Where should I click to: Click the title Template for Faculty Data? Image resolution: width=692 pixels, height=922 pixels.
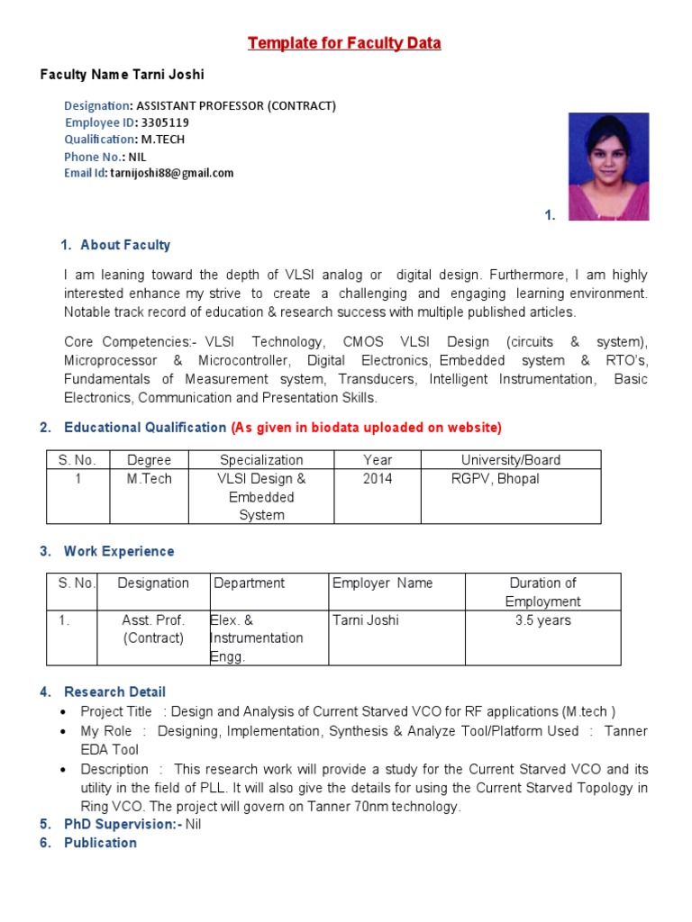344,43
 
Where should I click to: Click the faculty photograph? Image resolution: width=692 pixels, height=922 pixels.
608,167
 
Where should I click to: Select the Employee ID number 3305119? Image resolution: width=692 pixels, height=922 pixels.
165,122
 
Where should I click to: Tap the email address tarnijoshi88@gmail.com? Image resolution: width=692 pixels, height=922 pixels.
171,173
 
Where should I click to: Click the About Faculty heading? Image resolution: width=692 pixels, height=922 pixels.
124,245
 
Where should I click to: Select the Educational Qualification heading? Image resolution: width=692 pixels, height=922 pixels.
144,427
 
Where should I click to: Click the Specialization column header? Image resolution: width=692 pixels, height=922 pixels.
261,460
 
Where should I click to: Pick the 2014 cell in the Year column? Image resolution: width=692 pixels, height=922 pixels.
378,479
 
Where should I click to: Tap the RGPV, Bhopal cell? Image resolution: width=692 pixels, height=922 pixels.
495,479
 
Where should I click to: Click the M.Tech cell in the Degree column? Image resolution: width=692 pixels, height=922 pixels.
149,479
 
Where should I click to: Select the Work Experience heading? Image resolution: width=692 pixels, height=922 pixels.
118,551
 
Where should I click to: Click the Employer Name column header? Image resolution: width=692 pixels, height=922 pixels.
382,583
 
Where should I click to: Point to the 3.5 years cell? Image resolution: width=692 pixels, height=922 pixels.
542,620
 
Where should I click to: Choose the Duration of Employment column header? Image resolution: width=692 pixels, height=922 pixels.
542,592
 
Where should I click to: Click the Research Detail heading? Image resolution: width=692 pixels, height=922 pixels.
114,691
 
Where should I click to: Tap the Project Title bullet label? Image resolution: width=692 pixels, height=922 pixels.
116,712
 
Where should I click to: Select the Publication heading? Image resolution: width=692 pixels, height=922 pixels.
100,843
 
